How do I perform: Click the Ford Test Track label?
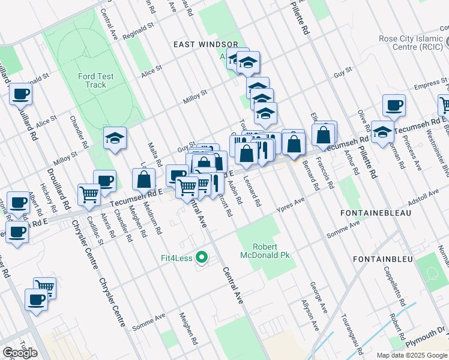point(92,80)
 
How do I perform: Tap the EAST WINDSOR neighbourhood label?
point(210,45)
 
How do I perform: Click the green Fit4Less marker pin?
point(202,259)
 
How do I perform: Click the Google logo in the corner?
point(20,353)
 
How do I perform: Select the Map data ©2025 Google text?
point(412,355)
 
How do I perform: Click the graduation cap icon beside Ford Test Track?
point(115,139)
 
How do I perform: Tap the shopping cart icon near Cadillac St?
point(89,194)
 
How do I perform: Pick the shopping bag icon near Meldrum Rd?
point(144,179)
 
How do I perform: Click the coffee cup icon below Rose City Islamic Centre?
point(394,106)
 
